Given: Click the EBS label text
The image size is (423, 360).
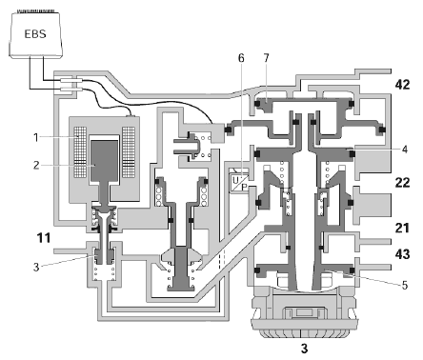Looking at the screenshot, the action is coord(35,33).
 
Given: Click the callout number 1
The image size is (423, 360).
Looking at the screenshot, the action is coord(36,137).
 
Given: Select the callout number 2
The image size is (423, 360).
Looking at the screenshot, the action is coord(36,165).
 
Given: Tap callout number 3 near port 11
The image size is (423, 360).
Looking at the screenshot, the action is coord(36,267).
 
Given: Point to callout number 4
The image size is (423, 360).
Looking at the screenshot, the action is coord(404,150).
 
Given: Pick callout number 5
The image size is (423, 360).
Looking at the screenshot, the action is coord(404,286).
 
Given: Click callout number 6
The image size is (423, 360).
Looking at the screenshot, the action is coord(241,58).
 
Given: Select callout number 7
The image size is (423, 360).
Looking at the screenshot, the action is coord(266,58).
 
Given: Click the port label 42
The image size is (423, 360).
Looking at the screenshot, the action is coord(402,85).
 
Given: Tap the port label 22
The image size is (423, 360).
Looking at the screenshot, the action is coord(402,183).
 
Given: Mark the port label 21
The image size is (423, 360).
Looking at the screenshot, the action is coord(402,228).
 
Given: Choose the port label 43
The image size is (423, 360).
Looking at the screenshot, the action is coord(402,254).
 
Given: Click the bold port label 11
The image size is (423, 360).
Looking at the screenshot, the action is coord(44,237).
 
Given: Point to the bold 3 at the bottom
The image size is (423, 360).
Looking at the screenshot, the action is coord(304,349).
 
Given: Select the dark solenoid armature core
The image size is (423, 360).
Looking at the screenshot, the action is coord(105,161).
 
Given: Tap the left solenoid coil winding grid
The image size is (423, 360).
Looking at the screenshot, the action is coord(80,152).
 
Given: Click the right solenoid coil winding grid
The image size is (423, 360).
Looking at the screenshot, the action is coord(129,152).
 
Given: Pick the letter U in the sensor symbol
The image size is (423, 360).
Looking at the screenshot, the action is coord(235,180).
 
